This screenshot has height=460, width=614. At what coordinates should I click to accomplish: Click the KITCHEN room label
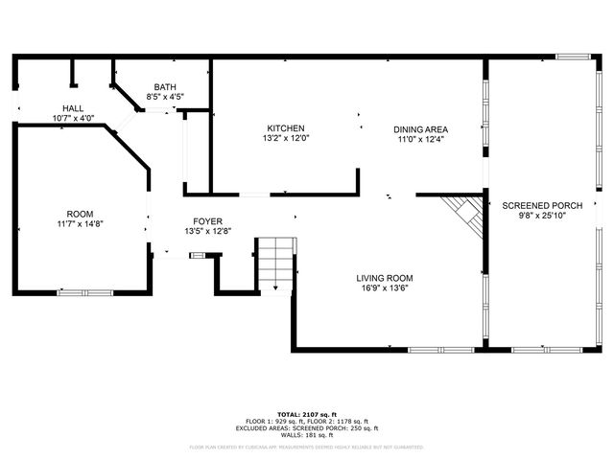[x=286, y=128]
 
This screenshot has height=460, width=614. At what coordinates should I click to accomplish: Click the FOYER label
[x=208, y=221]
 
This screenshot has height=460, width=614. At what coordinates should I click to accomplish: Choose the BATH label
[x=165, y=87]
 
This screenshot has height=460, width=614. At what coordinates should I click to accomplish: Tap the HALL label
[x=73, y=108]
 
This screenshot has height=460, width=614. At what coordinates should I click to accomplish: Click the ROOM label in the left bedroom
[x=79, y=213]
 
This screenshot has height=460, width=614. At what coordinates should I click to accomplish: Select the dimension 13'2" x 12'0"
[x=286, y=138]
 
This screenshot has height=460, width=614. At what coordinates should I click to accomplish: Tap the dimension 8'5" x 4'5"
[x=165, y=97]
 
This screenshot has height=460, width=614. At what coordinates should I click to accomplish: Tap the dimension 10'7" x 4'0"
[x=73, y=118]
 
